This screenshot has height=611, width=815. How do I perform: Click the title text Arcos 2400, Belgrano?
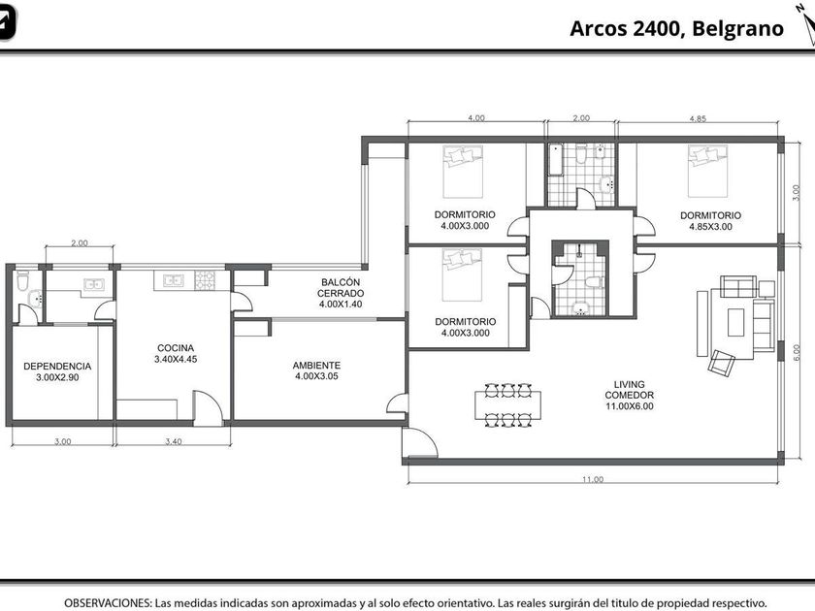tap(677, 28)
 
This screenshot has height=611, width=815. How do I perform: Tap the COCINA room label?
tap(176, 348)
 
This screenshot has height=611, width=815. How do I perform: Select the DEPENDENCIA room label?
tap(57, 367)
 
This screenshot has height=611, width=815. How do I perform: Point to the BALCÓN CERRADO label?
tap(341, 288)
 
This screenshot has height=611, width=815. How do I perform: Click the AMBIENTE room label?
tap(316, 366)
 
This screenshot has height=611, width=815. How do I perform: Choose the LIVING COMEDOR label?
tap(630, 390)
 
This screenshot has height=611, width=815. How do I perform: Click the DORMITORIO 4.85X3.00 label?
tap(710, 221)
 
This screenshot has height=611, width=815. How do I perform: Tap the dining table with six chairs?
tap(507, 405)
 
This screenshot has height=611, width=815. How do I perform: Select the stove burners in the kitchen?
tap(205, 280)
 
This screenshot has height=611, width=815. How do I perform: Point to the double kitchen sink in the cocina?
tap(173, 280)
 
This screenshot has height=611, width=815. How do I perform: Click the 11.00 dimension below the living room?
tap(593, 479)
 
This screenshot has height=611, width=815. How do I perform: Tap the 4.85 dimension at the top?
tap(698, 118)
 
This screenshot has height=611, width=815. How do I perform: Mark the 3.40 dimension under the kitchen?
tap(174, 441)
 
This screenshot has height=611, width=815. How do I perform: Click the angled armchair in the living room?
tap(722, 362)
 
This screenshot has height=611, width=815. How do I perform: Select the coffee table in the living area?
tap(736, 322)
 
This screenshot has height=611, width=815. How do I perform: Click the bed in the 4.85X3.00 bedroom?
tap(708, 171)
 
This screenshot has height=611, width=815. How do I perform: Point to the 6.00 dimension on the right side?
tap(797, 353)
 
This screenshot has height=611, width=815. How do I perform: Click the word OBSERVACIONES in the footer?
tap(108, 603)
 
